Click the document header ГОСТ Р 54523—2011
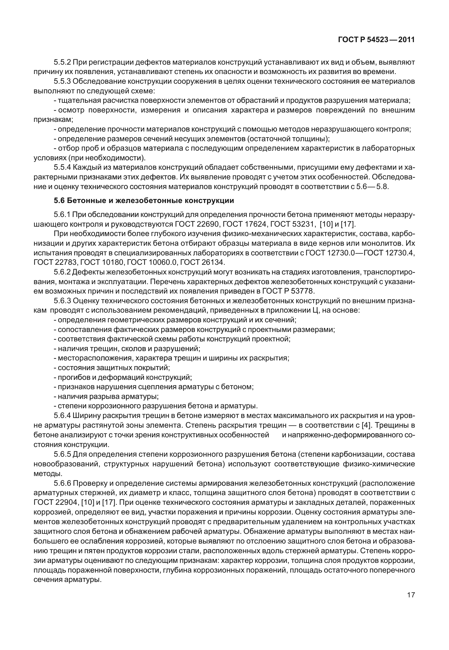point(376,40)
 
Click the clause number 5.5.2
point(62,62)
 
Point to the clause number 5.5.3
point(62,81)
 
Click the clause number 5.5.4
point(62,167)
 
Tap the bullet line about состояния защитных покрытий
point(112,368)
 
